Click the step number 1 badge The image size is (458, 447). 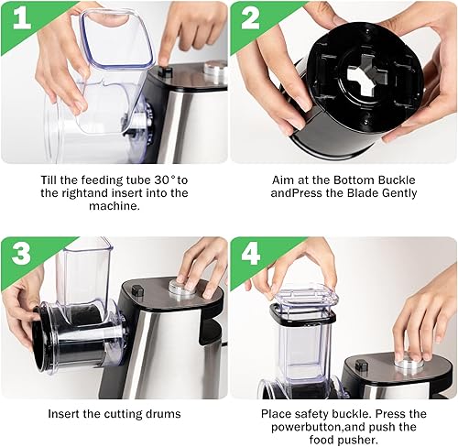[21, 19]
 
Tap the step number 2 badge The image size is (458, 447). [250, 19]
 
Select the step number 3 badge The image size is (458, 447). [21, 254]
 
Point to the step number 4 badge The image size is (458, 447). [250, 254]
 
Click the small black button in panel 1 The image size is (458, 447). [165, 71]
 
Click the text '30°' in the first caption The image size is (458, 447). [165, 180]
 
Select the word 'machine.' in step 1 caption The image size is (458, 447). [114, 206]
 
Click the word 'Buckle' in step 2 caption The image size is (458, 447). [397, 180]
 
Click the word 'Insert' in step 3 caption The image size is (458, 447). [64, 414]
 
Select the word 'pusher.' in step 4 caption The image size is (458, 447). [358, 440]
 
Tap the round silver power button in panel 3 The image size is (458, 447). [183, 287]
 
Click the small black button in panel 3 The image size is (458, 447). [137, 290]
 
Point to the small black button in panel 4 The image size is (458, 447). [361, 365]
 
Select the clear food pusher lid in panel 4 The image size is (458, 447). [307, 298]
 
